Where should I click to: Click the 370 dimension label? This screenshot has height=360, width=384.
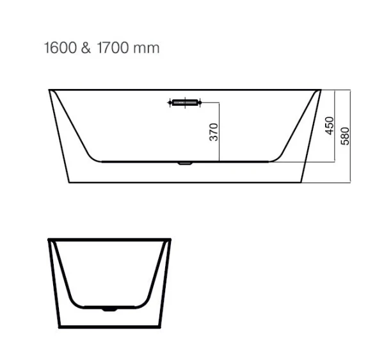[x=214, y=132]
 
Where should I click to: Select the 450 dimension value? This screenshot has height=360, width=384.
[x=330, y=126]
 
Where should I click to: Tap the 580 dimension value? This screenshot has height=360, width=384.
[x=345, y=136]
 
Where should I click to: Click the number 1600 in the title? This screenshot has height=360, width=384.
[x=60, y=47]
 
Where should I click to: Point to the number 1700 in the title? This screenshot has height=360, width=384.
[x=113, y=47]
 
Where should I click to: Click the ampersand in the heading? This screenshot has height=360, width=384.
[x=86, y=47]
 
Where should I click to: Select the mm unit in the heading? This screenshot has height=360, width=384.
[x=147, y=49]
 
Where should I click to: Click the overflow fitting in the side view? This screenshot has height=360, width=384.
[x=185, y=102]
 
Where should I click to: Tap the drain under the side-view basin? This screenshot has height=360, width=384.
[x=185, y=163]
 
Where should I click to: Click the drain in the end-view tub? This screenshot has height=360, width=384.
[x=109, y=310]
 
